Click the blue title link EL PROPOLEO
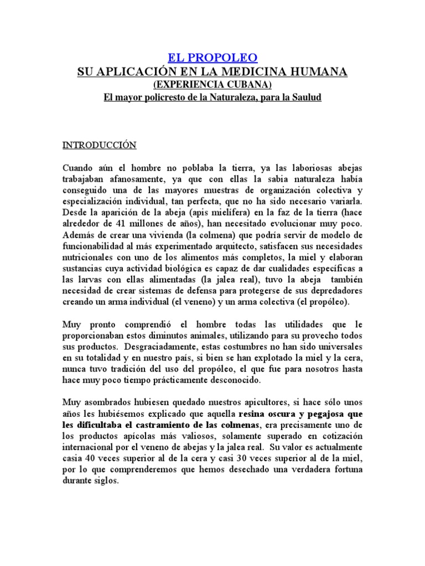pos(212,58)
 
